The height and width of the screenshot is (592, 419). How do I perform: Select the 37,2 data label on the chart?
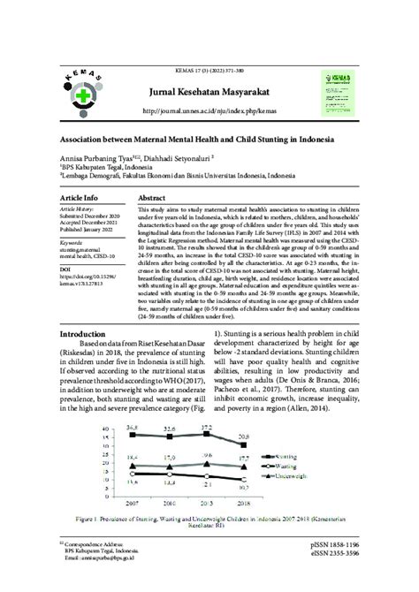pos(209,427)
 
